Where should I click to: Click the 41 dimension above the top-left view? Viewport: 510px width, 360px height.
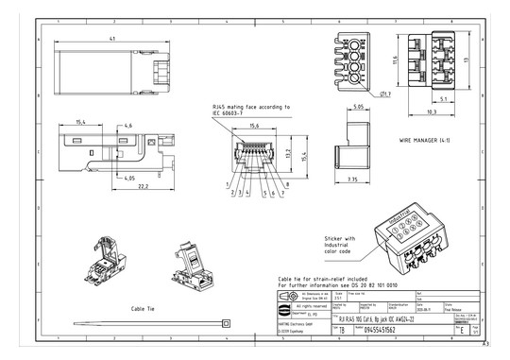click(x=111, y=39)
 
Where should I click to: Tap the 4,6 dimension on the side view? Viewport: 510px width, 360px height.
click(x=127, y=125)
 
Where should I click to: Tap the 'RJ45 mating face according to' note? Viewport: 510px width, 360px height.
click(x=249, y=108)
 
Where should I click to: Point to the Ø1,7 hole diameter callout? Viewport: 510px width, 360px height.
click(x=387, y=95)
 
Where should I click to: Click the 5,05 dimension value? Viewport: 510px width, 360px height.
click(x=359, y=107)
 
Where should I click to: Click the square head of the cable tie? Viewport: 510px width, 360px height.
click(x=227, y=324)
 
